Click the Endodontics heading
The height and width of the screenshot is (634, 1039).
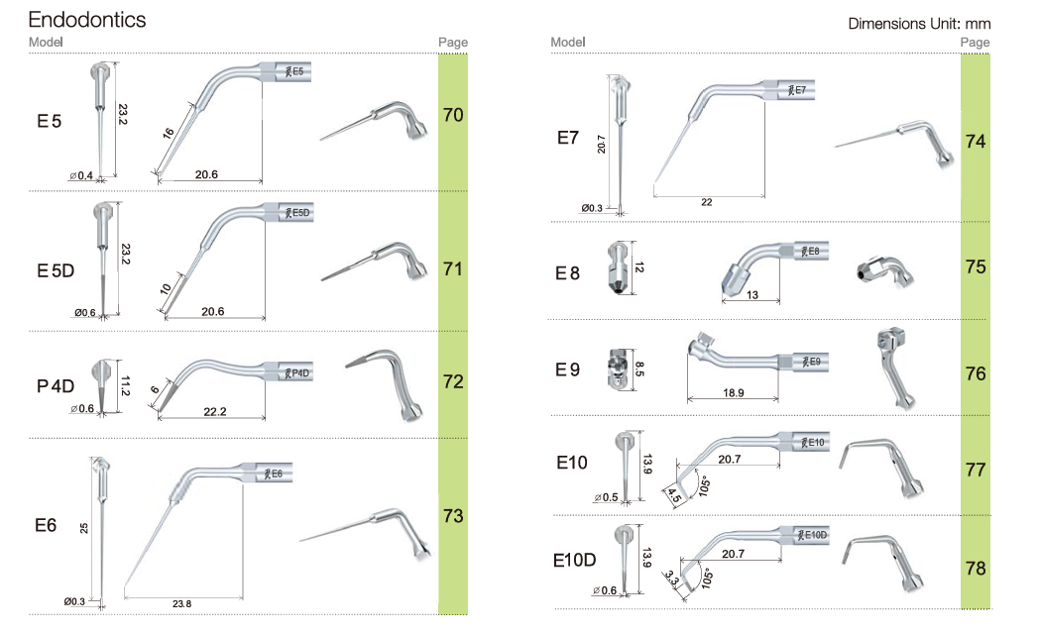coord(87,20)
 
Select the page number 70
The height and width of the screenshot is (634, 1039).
coord(453,115)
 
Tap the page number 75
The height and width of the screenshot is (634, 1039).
coord(976,266)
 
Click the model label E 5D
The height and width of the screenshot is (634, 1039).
coord(56,270)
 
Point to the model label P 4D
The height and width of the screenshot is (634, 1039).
coord(56,385)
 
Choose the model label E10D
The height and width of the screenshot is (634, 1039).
coord(574,560)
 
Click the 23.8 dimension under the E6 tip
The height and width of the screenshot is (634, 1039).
coord(181,603)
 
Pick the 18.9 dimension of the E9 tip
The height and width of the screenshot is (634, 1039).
coord(733,393)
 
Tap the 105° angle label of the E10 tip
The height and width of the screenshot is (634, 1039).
coord(704,486)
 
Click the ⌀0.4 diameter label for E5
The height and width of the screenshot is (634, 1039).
coord(81,176)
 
